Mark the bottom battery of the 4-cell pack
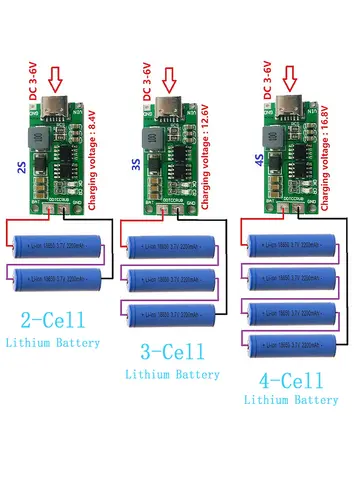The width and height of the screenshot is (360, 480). pyautogui.click(x=298, y=344)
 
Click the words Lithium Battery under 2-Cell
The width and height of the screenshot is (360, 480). pyautogui.click(x=57, y=343)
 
